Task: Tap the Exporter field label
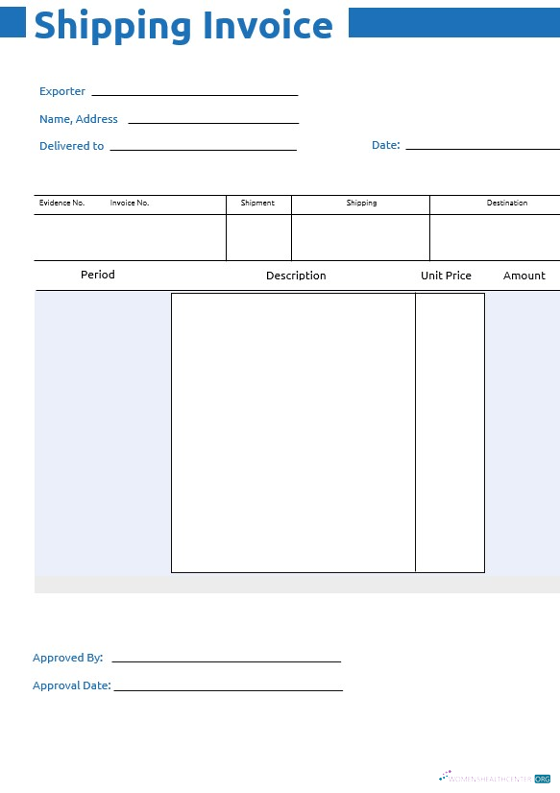click(62, 91)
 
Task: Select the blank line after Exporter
click(194, 94)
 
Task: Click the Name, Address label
click(79, 119)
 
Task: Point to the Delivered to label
click(71, 146)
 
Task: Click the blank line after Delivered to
click(203, 149)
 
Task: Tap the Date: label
click(385, 145)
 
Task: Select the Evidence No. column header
click(61, 203)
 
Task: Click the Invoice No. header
click(130, 203)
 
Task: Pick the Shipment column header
click(257, 203)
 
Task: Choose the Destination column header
click(507, 203)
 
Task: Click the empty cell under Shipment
click(258, 237)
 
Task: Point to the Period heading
click(98, 275)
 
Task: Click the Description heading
click(296, 276)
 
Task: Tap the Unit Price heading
click(446, 276)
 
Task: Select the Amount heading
click(524, 276)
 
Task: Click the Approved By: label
click(67, 658)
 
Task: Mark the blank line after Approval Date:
click(228, 688)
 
